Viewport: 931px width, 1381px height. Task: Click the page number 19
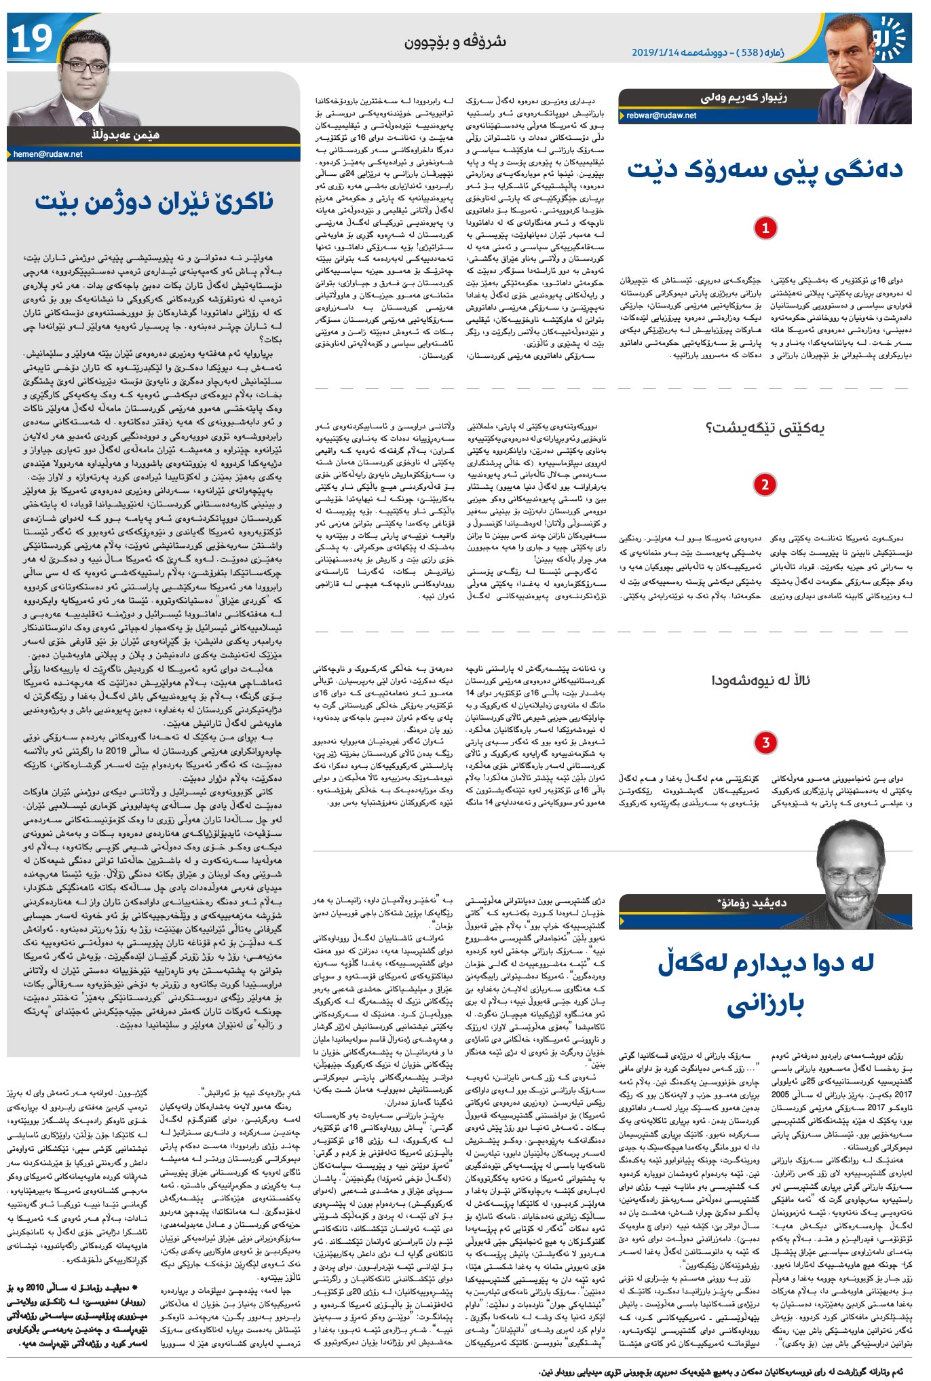click(x=32, y=39)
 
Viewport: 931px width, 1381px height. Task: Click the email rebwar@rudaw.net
click(x=661, y=115)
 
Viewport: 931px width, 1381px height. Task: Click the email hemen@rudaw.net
click(x=48, y=154)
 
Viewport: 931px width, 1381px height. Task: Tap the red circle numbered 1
click(x=765, y=227)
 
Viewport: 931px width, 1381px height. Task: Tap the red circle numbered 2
click(x=765, y=485)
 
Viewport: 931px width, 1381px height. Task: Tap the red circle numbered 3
click(x=765, y=742)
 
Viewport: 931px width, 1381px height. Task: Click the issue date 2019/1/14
click(x=655, y=52)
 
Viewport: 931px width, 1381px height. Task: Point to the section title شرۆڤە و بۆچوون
click(x=455, y=42)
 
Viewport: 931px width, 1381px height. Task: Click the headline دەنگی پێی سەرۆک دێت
click(x=765, y=170)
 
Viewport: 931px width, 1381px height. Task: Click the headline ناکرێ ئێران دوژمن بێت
click(x=155, y=202)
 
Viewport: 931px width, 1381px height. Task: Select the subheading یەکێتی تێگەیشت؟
click(x=765, y=428)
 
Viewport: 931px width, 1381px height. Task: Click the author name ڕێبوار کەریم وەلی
click(x=744, y=98)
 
